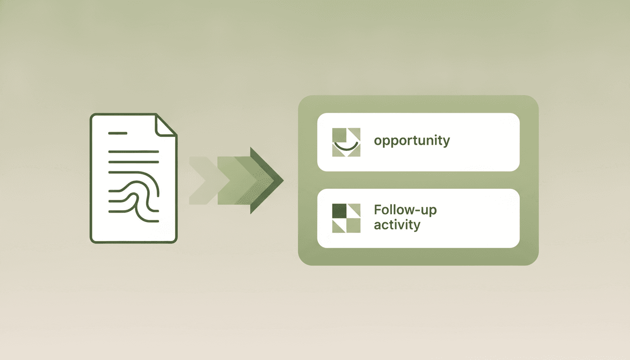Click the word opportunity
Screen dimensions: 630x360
click(412, 141)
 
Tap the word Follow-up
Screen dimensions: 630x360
click(405, 210)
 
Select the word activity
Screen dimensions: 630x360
click(397, 225)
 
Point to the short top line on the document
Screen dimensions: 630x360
click(118, 133)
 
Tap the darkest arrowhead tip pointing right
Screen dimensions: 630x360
click(283, 180)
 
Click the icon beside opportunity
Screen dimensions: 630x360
click(346, 142)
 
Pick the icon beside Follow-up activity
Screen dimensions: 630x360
click(346, 218)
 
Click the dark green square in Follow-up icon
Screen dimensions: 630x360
click(339, 211)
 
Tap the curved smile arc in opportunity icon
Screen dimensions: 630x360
click(346, 147)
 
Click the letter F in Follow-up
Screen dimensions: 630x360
click(377, 210)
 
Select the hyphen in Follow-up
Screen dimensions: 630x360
click(416, 210)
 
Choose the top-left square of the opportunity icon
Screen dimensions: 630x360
click(339, 135)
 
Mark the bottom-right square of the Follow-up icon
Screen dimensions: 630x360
click(353, 225)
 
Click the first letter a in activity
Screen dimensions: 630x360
click(377, 225)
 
